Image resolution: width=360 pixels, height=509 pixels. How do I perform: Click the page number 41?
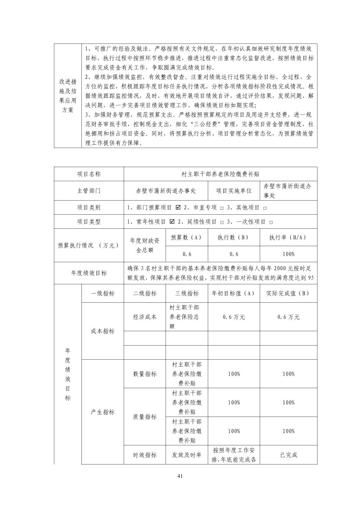180,477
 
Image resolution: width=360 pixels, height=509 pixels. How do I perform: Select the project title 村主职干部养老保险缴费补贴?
220,174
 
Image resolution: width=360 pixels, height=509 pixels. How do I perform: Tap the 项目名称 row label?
89,174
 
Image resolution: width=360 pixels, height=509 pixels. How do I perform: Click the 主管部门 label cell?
89,191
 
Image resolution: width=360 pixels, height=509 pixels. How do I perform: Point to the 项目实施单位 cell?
234,191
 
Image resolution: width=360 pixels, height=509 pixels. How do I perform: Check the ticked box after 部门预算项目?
178,208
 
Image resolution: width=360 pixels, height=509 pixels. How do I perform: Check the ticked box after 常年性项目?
172,222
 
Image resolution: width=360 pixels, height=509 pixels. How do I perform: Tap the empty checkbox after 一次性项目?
271,222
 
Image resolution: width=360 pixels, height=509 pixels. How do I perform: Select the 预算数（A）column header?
186,237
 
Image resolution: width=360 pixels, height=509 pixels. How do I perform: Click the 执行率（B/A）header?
288,237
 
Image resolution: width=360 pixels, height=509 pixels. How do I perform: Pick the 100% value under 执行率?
288,254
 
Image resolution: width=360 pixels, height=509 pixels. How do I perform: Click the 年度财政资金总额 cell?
144,245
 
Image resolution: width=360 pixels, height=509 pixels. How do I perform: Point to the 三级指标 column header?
187,293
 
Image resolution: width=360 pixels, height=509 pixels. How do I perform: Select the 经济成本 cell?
144,317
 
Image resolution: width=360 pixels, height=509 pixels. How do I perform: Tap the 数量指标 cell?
144,374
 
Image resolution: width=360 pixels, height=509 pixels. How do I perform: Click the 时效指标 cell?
144,455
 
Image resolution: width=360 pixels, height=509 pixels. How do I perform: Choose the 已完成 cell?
288,455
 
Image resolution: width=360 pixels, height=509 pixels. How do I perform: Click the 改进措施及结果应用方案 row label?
67,96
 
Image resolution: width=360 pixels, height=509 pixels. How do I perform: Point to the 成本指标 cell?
102,331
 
